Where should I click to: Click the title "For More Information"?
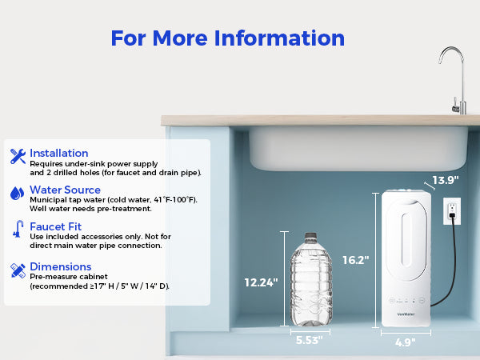[228, 38]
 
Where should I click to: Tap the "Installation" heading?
[59, 153]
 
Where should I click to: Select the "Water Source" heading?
[66, 190]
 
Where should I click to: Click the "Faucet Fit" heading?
[56, 226]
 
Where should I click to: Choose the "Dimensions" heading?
[61, 266]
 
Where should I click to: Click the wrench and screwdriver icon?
[18, 156]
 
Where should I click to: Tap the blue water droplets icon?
[17, 194]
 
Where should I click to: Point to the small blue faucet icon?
[18, 229]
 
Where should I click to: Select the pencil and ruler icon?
[18, 270]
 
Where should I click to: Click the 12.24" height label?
[261, 282]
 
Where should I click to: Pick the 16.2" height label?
[356, 260]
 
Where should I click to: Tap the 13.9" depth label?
[446, 180]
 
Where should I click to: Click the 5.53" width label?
[309, 340]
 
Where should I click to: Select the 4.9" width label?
[406, 342]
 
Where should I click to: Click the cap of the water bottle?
[310, 236]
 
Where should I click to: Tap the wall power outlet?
[452, 211]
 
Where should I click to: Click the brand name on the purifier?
[406, 314]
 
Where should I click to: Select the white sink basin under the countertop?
[358, 149]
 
